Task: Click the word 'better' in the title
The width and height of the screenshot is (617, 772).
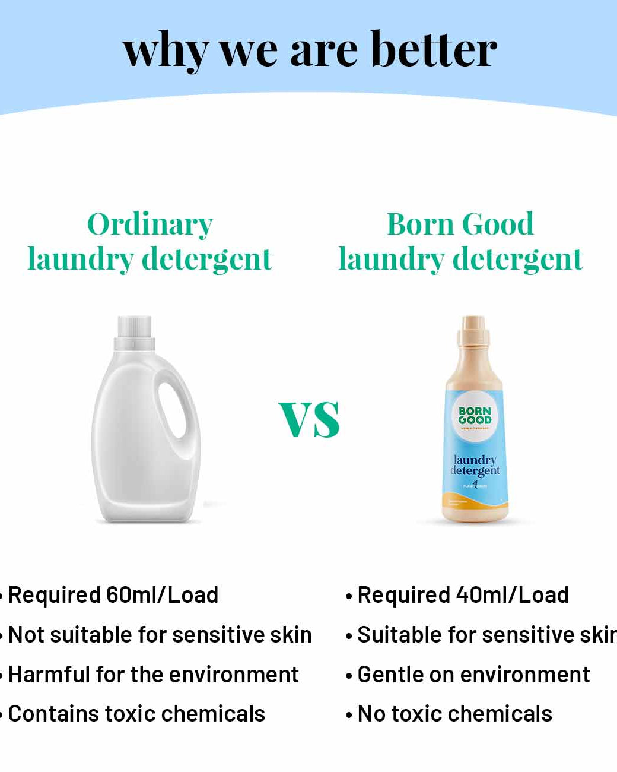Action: (434, 49)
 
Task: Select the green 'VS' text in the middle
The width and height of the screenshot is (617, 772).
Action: (309, 420)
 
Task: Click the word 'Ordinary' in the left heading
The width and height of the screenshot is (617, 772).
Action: (150, 225)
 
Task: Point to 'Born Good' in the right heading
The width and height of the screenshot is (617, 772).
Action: (460, 224)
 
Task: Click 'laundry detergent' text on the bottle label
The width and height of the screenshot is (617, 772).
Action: (475, 465)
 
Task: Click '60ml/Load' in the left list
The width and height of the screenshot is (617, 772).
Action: (162, 595)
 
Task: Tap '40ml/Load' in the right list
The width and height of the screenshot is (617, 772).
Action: (512, 595)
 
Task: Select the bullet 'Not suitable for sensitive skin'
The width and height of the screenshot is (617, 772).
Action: (160, 635)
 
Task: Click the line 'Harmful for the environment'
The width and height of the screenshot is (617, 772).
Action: (153, 675)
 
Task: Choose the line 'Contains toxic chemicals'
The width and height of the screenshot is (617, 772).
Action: (136, 714)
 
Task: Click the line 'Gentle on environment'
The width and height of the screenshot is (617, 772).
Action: (473, 675)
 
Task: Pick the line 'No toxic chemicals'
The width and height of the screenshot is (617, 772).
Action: (454, 714)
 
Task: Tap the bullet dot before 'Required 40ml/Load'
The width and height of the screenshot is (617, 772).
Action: (349, 596)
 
